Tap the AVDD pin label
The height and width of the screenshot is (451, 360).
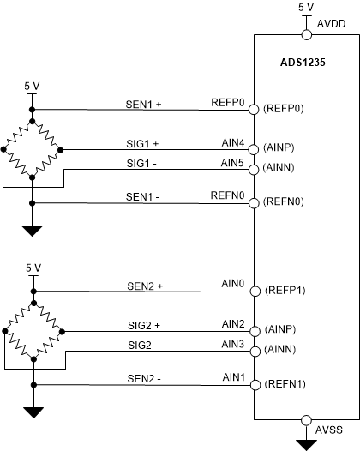coord(332,26)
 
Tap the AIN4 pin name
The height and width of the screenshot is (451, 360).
coord(233,141)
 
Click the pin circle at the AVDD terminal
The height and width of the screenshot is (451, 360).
coord(306,35)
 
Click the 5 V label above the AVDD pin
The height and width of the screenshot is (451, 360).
coord(306,6)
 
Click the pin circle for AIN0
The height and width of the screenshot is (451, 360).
coord(255,291)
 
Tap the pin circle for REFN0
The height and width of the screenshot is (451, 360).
coord(255,203)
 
